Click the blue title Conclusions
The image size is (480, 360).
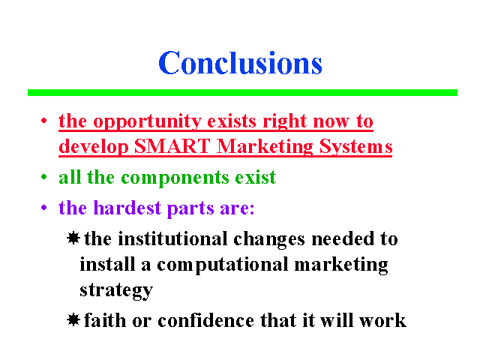[x=240, y=62]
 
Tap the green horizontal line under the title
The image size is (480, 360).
[x=242, y=92]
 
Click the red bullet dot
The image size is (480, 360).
[x=43, y=121]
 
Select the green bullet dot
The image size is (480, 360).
[x=43, y=177]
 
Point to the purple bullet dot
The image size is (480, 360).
[x=43, y=208]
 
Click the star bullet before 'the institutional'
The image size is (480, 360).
[x=73, y=238]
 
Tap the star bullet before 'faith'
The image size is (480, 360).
[x=73, y=320]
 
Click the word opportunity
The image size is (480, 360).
[x=147, y=122]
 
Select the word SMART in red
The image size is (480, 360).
[x=172, y=146]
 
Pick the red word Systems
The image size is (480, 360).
[x=355, y=147]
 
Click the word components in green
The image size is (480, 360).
[x=175, y=178]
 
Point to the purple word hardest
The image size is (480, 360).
[x=127, y=208]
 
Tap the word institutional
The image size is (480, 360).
[x=172, y=238]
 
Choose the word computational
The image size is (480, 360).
[x=223, y=265]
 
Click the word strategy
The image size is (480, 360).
[x=116, y=290]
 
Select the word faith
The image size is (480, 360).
[x=105, y=320]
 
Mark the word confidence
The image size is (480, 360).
[x=205, y=320]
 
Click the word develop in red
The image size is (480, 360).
[x=93, y=147]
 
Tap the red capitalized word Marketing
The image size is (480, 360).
[x=265, y=147]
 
